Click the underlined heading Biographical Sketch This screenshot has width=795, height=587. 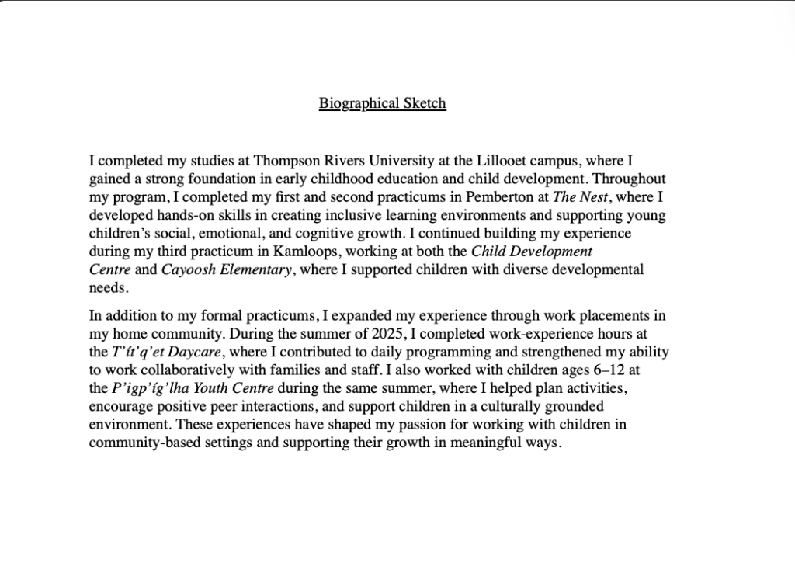[x=382, y=103]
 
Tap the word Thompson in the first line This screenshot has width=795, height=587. [x=283, y=162]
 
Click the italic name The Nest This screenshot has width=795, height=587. [x=581, y=197]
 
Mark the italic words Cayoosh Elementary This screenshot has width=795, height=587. [x=227, y=269]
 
